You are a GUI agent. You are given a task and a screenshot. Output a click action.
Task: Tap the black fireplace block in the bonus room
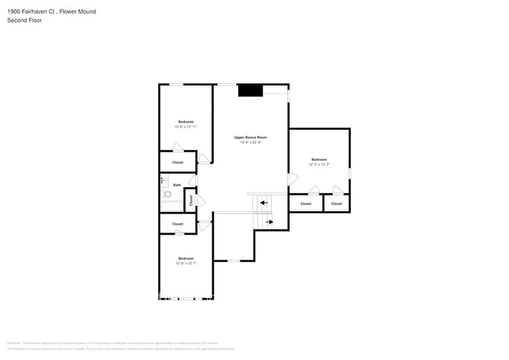pyautogui.click(x=250, y=90)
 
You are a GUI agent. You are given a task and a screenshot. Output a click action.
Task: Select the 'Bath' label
pyautogui.click(x=177, y=185)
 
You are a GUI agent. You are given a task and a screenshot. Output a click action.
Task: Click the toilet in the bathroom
pyautogui.click(x=166, y=194)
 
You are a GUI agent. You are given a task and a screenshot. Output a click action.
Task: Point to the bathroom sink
pyautogui.click(x=164, y=180)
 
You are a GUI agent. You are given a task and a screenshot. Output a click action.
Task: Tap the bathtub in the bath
pyautogui.click(x=171, y=205)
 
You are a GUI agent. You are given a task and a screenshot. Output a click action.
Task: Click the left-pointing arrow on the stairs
pyautogui.click(x=264, y=203)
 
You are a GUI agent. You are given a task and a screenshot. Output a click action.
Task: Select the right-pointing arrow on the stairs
pyautogui.click(x=269, y=221)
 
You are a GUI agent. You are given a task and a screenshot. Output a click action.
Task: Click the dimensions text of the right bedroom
pyautogui.click(x=319, y=164)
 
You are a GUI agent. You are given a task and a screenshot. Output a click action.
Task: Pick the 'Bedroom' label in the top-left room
pyautogui.click(x=186, y=121)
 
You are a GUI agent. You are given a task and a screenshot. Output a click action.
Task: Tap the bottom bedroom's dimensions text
pyautogui.click(x=186, y=263)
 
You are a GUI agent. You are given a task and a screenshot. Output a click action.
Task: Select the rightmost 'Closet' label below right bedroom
pyautogui.click(x=336, y=203)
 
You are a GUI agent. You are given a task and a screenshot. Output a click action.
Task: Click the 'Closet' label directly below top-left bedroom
pyautogui.click(x=178, y=162)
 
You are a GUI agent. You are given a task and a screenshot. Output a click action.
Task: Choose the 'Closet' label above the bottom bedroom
pyautogui.click(x=178, y=224)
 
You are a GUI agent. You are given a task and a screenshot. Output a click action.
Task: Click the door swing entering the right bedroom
pyautogui.click(x=292, y=180)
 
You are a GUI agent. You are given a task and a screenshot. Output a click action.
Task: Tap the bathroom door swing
pyautogui.click(x=193, y=181)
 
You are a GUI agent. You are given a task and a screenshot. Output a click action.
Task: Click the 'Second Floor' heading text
pyautogui.click(x=24, y=20)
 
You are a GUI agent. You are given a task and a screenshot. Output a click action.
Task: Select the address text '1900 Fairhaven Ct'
pyautogui.click(x=31, y=12)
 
